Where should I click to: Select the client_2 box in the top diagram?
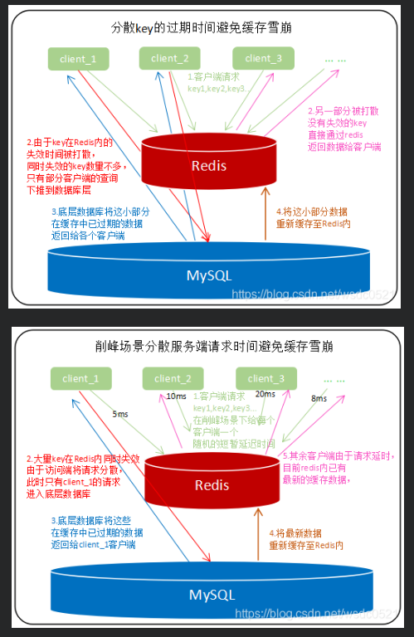170,58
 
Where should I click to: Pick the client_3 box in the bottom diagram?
265,379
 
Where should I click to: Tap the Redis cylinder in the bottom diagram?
212,484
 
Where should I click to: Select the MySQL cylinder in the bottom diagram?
207,594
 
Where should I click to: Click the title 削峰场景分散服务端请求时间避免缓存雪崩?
207,345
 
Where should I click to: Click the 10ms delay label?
176,396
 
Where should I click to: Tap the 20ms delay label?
265,394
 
